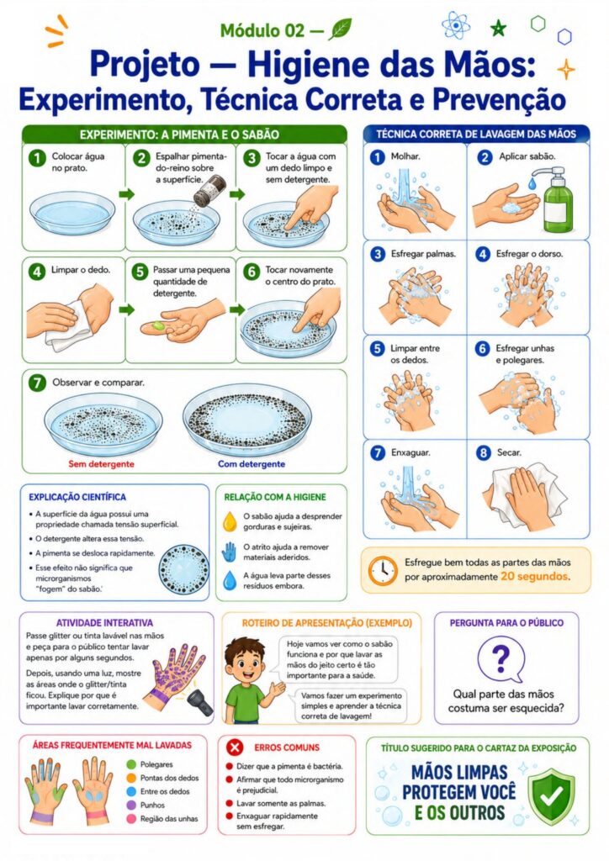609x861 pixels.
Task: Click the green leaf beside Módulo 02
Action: click(340, 29)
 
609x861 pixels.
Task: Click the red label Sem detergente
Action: click(101, 464)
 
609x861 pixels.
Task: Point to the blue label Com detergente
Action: click(252, 464)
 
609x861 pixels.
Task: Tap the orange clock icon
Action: click(383, 571)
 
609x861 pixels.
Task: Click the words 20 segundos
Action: click(535, 577)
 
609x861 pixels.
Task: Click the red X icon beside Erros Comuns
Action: click(235, 747)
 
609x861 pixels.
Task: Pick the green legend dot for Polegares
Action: click(130, 764)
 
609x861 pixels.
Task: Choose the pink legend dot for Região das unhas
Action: click(130, 819)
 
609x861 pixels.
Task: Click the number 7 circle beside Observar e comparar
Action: click(37, 383)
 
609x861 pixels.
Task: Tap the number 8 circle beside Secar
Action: click(483, 453)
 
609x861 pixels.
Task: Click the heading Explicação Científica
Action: click(77, 497)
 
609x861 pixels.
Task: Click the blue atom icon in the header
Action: click(455, 24)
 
